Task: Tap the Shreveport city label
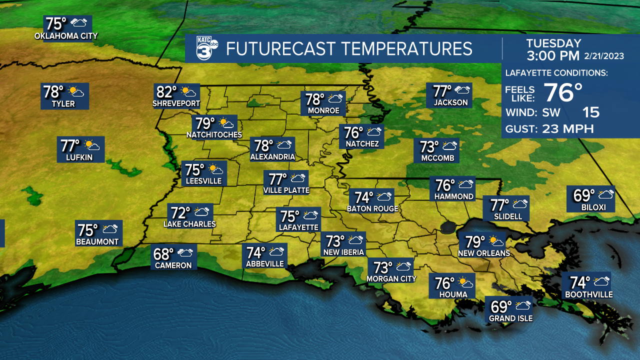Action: coord(176,104)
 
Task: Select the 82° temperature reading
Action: coord(167,92)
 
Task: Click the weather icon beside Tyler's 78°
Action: coord(76,91)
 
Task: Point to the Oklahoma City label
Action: coord(66,36)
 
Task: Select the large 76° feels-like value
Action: coord(563,92)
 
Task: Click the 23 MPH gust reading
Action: coord(568,129)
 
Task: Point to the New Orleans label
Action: coord(484,253)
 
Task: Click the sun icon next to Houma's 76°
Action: coord(466,283)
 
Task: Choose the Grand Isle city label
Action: coord(510,318)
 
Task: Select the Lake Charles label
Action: coord(189,224)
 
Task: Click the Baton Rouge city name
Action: coord(372,208)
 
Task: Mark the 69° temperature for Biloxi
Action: coord(583,194)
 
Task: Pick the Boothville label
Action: coord(588,295)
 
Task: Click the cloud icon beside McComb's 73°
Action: coord(449,146)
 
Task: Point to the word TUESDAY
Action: coord(553,43)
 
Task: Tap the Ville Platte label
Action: coord(286,190)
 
